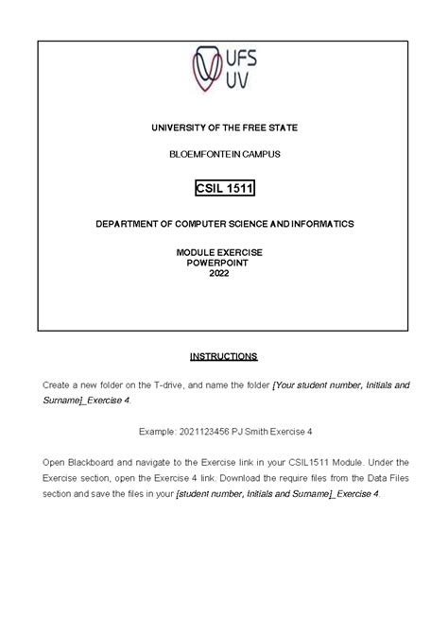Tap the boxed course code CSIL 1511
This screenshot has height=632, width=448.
[224, 189]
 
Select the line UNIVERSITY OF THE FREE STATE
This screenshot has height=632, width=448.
[224, 127]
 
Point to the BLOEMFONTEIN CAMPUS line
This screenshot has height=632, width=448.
[224, 153]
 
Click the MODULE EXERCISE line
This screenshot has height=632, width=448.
[224, 253]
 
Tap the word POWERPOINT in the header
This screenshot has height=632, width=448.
[224, 264]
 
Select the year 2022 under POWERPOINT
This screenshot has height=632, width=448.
[224, 274]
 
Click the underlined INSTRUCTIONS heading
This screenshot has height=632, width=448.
[223, 357]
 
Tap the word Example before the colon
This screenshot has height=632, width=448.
[157, 431]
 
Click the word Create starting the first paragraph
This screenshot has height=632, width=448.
[59, 385]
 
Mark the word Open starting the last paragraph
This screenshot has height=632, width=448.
[55, 462]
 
